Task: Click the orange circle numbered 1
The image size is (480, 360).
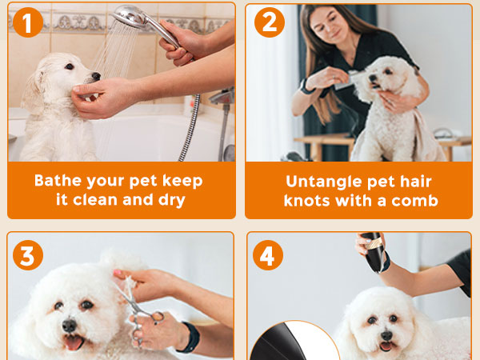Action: (x=28, y=23)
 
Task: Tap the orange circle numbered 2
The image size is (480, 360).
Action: (x=269, y=23)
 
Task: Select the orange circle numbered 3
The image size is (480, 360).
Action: (x=28, y=257)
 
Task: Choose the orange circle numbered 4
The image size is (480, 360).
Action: (x=269, y=257)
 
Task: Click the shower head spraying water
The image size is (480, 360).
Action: (x=136, y=18)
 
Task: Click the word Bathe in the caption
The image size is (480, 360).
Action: (x=61, y=180)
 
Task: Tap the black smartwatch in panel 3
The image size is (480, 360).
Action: (x=189, y=338)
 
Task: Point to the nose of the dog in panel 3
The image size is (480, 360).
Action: (x=69, y=326)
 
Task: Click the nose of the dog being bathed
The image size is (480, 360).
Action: (x=95, y=78)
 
